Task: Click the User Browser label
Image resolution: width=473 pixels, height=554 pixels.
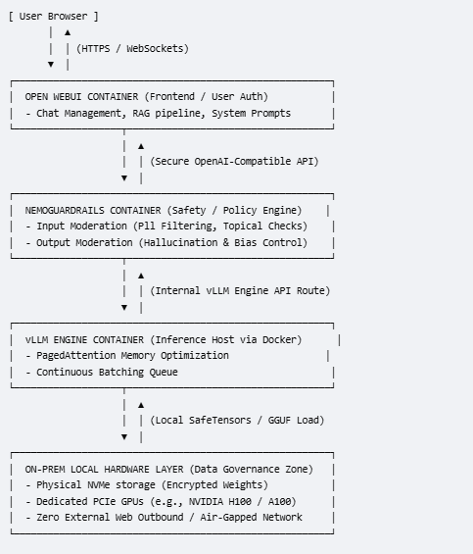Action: [53, 17]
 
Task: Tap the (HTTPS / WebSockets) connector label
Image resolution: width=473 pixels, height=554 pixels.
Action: [133, 48]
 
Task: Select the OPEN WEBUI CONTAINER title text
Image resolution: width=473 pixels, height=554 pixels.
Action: [81, 96]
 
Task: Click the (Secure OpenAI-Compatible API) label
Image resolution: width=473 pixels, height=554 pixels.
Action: [234, 161]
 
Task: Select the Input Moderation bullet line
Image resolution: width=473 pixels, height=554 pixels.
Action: [166, 227]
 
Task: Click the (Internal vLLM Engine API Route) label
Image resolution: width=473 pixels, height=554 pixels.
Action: [240, 290]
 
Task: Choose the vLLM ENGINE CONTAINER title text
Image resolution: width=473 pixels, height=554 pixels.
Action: [84, 339]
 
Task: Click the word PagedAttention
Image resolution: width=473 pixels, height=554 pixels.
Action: [75, 355]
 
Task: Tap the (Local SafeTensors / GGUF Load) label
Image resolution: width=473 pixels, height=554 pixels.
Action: [237, 420]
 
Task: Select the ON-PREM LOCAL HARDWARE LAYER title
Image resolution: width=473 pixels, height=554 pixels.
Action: [104, 470]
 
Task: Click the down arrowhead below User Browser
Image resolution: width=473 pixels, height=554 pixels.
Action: [51, 65]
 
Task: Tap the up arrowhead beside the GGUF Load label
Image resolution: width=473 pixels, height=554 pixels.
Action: [141, 405]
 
